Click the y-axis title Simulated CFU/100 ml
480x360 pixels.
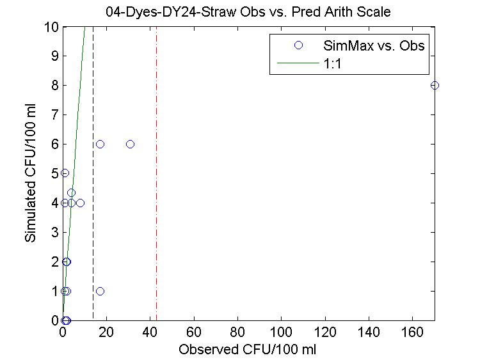30,174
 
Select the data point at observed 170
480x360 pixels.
435,86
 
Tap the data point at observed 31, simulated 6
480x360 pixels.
131,144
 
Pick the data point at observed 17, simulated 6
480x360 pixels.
100,144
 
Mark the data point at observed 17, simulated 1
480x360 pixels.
100,291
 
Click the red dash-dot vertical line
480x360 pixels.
156,192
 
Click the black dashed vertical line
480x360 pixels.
93,192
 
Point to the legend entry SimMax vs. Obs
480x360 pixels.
374,45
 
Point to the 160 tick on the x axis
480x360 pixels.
412,333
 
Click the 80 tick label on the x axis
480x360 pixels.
237,333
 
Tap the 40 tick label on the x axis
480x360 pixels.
150,333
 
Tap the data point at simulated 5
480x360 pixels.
65,173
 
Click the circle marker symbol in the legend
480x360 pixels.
298,45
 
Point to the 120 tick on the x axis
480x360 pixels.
325,333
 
